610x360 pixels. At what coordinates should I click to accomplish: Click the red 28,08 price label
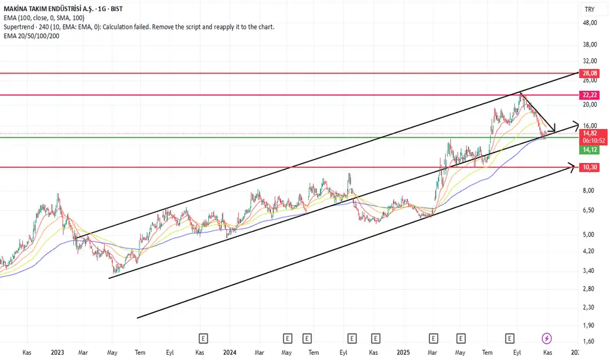tap(590, 73)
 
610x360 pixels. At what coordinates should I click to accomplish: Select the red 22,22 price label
tap(590, 95)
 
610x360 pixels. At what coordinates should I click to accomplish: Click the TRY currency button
tap(589, 9)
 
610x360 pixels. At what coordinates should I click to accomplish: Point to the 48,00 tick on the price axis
tap(590, 23)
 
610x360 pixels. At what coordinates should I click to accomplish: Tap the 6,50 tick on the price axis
tap(590, 210)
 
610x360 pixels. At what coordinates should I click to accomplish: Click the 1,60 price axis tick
tap(590, 341)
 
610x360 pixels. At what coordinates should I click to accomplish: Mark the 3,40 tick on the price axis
tap(590, 270)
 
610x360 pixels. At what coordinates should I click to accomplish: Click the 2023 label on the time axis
tap(57, 352)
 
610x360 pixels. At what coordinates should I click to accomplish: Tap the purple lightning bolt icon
tap(548, 338)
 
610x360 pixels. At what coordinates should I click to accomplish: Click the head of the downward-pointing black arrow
tap(554, 129)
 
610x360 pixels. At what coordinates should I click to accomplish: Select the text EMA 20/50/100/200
tap(32, 36)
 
